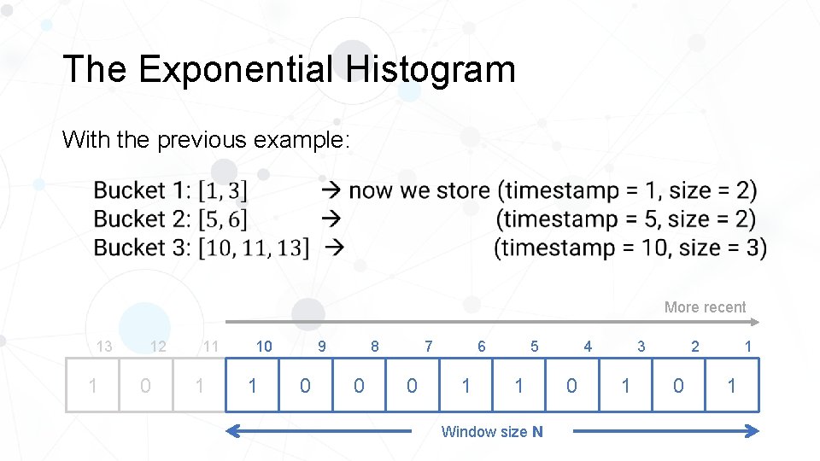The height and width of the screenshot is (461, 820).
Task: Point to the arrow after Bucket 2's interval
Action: pos(331,219)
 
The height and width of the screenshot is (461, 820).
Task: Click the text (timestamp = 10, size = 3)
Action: pos(630,248)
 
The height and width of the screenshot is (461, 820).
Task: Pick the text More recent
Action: pos(705,307)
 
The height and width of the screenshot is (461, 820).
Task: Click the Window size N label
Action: pos(491,432)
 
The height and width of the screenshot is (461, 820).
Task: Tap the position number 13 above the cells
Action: pos(104,347)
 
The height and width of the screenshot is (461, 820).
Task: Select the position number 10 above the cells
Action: pos(264,347)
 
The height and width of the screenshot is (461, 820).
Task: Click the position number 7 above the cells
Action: pos(428,347)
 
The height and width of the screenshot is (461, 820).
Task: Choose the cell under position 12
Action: pos(146,386)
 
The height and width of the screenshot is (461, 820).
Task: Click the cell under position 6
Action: pos(466,386)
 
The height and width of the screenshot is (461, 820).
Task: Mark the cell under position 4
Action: pos(571,386)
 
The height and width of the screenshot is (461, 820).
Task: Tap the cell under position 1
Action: pos(731,386)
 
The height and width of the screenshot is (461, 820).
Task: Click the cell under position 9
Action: pos(305,386)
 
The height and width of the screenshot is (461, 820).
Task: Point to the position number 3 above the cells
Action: pos(641,347)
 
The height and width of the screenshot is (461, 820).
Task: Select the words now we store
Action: pos(419,190)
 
